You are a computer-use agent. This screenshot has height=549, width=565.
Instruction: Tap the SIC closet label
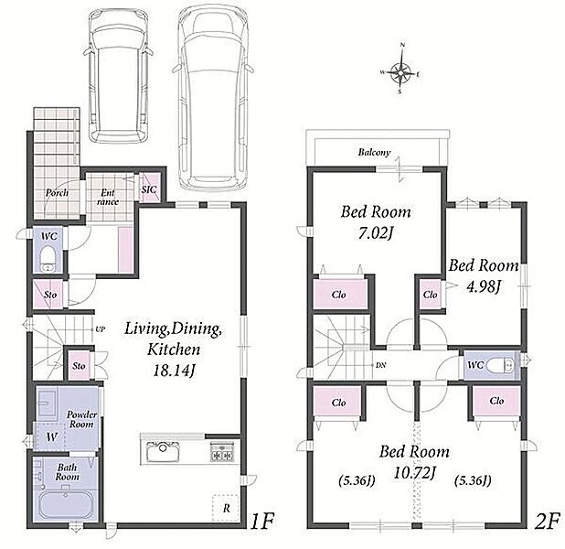point(149,189)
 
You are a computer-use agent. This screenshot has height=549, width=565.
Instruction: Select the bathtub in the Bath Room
point(66,505)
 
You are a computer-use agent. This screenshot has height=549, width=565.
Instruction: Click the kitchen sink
point(163,451)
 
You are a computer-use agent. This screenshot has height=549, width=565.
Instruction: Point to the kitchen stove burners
point(221,451)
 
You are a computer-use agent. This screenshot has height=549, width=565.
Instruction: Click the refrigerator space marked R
point(227,508)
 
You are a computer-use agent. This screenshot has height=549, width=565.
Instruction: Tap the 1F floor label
point(262,522)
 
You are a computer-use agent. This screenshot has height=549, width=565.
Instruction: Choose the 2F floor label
point(548,522)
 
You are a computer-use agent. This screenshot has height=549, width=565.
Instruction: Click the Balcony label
point(374,152)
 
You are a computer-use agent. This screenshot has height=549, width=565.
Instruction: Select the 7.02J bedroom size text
point(375,233)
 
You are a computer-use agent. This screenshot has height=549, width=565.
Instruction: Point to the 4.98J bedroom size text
point(484,286)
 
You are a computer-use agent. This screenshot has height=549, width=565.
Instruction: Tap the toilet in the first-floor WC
point(47,259)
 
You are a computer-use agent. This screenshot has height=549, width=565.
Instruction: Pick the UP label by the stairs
point(100,329)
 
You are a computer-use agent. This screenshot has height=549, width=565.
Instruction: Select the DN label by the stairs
point(380,365)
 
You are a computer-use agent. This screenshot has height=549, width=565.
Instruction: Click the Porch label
point(57,193)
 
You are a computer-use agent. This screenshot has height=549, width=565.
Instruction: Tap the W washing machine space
point(51,437)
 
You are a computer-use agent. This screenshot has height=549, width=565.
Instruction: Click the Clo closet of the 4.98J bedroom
point(431,295)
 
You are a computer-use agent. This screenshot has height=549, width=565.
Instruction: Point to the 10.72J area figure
point(414,473)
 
